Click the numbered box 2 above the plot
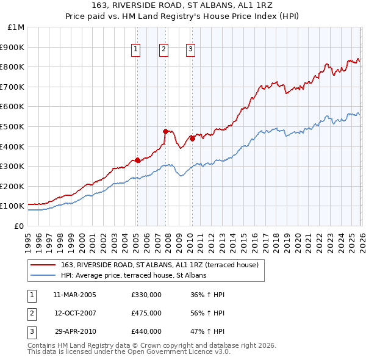click(x=163, y=50)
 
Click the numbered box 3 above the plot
click(x=190, y=50)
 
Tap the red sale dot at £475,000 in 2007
click(x=165, y=131)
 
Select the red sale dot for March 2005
click(x=137, y=160)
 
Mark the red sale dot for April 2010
click(x=192, y=139)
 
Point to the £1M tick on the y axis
click(x=16, y=27)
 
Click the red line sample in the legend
click(x=44, y=265)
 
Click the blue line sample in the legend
click(x=44, y=275)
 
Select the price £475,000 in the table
click(x=146, y=313)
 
